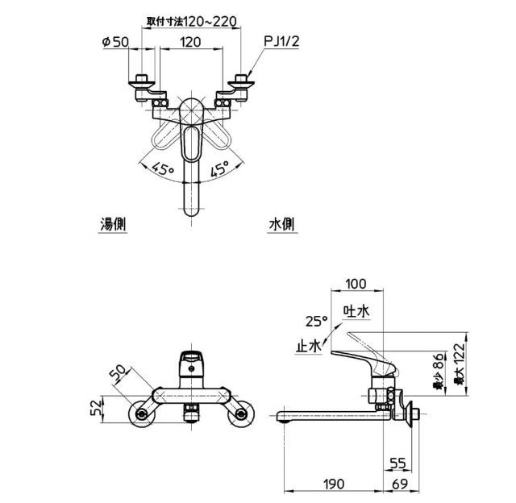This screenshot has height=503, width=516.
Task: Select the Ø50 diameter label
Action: coord(117,44)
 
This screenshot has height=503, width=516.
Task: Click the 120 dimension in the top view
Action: coord(190,44)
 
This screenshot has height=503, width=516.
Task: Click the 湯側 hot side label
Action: coord(111,225)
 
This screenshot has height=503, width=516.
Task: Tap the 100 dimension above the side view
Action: coord(355,284)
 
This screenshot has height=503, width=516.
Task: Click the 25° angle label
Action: coord(317,320)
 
